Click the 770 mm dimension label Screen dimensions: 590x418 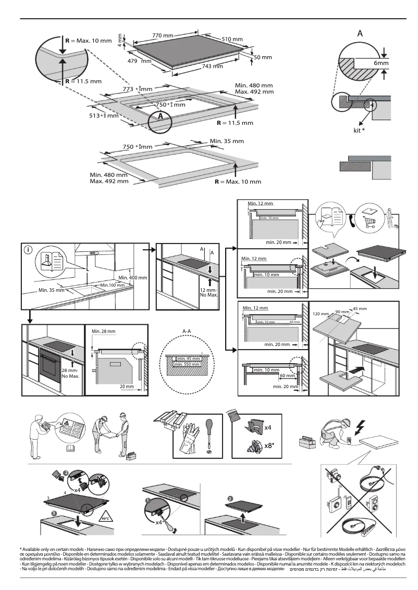(x=162, y=35)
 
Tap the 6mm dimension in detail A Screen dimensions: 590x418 (x=381, y=63)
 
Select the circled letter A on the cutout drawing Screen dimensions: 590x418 (x=161, y=116)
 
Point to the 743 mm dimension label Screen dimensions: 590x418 (x=212, y=66)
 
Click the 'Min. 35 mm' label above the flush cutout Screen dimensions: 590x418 (x=226, y=141)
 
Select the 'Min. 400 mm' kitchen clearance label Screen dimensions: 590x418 (x=132, y=278)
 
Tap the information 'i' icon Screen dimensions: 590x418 (x=27, y=249)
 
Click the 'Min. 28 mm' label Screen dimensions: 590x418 (x=103, y=331)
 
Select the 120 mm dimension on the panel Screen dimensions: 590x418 (x=321, y=314)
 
